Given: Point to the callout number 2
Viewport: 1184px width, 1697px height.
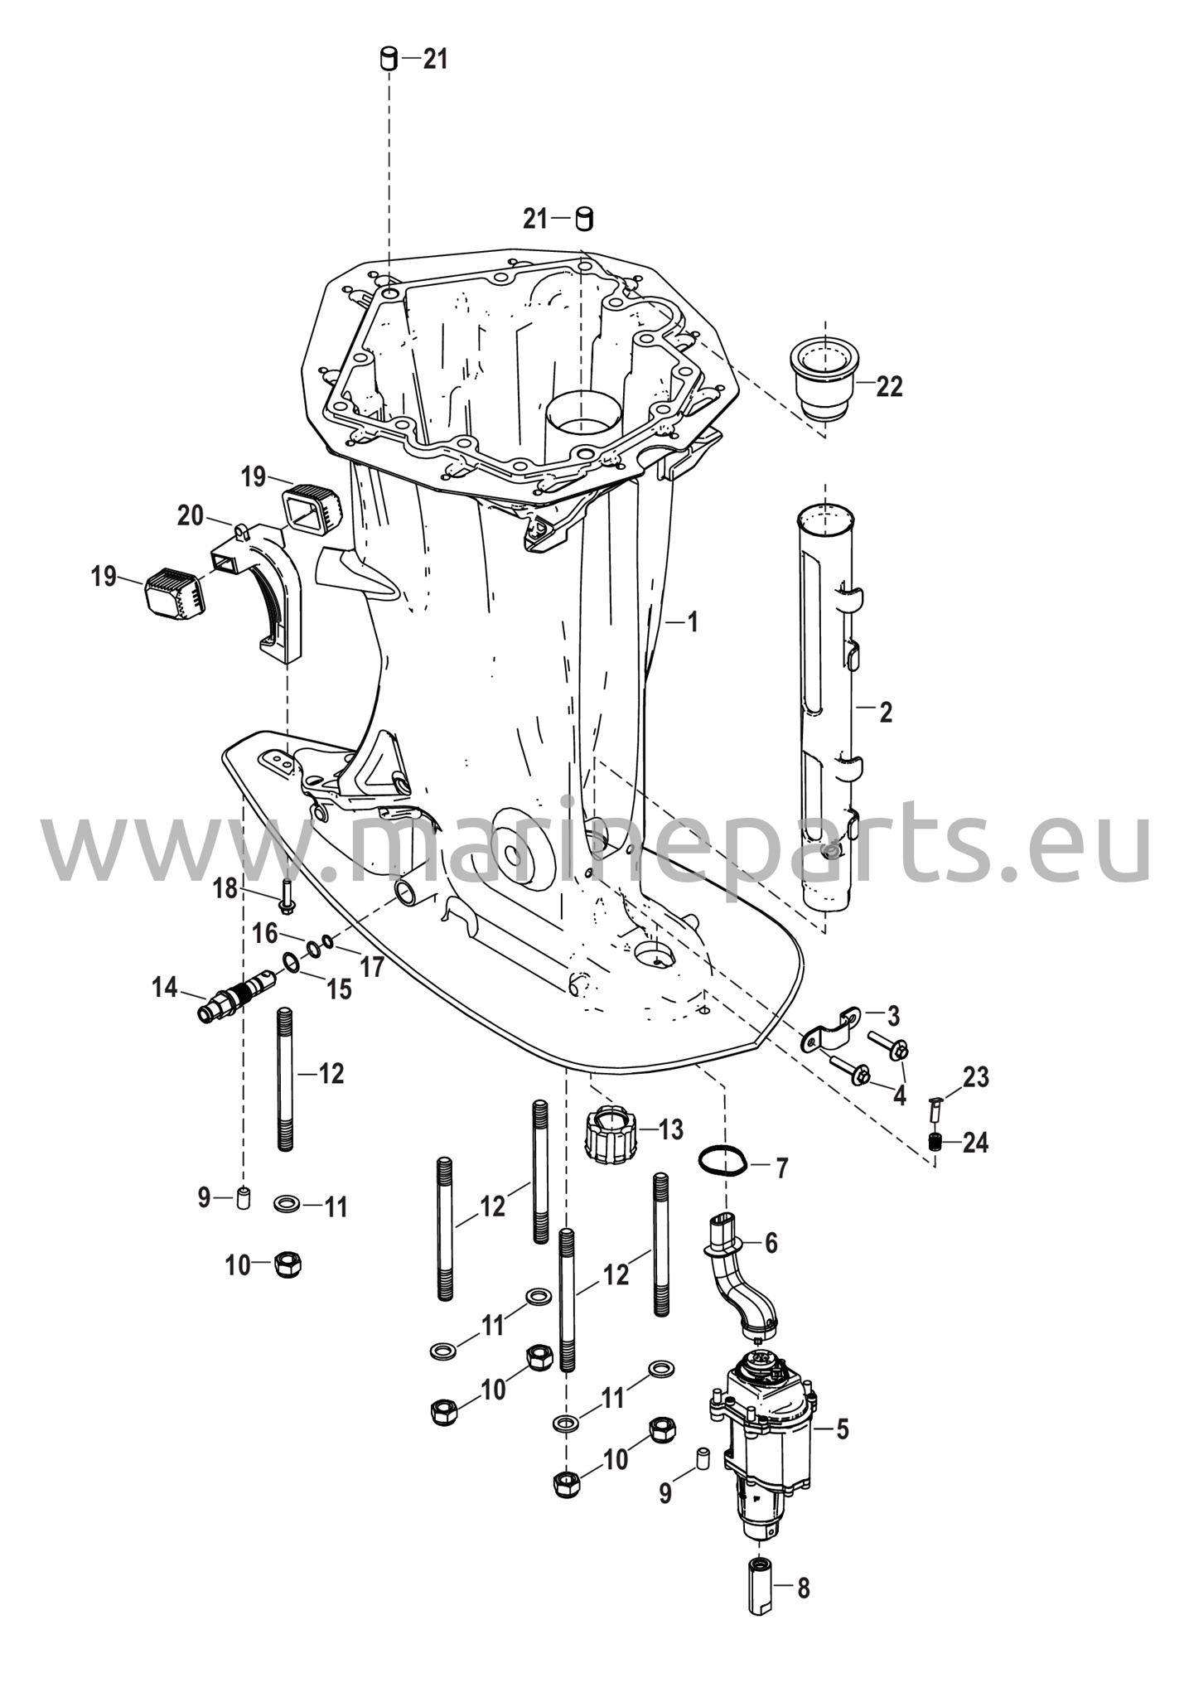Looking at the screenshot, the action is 886,712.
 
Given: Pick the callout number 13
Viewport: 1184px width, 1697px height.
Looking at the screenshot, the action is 670,1129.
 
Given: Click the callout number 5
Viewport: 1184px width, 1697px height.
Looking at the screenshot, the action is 842,1429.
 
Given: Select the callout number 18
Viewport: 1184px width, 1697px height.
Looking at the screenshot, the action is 225,889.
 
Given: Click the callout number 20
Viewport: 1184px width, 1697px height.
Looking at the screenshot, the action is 191,516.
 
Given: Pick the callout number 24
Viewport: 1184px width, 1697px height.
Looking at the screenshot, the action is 976,1143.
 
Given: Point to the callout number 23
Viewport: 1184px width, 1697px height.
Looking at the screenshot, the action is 976,1078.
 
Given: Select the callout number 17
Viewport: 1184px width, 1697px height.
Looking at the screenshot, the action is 374,966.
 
